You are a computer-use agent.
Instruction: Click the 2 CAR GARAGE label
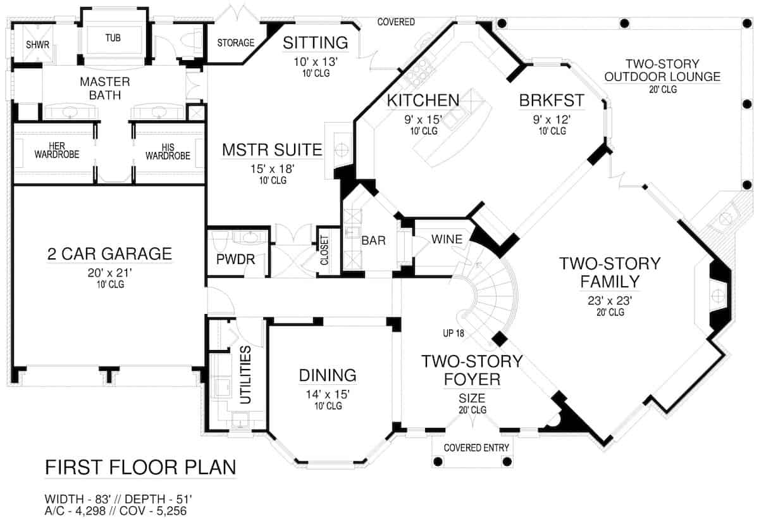click(109, 254)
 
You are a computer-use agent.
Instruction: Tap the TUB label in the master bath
click(114, 38)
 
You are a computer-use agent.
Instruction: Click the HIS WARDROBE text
click(167, 151)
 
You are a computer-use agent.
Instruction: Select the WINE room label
click(447, 239)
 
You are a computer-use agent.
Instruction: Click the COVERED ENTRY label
click(476, 447)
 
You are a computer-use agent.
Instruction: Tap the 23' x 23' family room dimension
click(609, 301)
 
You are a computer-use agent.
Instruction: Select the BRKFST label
click(552, 101)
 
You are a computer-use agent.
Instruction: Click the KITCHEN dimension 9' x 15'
click(423, 120)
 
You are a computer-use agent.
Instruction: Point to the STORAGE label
click(235, 43)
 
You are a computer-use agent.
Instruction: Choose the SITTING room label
click(315, 42)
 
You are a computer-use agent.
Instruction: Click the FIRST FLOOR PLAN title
click(140, 468)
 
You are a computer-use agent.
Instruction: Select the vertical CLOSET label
click(324, 251)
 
